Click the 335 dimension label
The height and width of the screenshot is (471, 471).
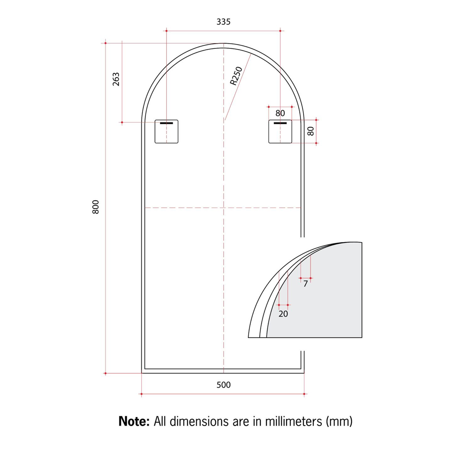pos(223,22)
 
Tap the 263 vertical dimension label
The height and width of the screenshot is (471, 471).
pos(116,79)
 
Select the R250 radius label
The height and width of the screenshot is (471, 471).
pos(236,75)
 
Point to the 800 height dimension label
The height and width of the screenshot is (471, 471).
pos(96,207)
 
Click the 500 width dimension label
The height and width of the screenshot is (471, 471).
pos(223,385)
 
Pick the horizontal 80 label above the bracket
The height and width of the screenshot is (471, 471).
pos(280,113)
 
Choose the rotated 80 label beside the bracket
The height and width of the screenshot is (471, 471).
pos(311,131)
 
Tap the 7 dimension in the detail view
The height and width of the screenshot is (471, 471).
pos(305,283)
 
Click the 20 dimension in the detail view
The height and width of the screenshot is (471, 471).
pos(283,314)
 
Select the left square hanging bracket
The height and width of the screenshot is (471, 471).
pos(167,131)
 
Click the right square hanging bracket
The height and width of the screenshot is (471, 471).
pos(280,131)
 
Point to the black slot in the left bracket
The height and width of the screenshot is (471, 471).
pos(166,123)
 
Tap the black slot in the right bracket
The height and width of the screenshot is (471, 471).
pos(280,123)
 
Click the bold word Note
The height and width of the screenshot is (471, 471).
pos(134,421)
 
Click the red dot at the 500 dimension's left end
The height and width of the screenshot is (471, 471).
pos(141,394)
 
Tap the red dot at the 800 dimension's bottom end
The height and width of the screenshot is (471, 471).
pos(106,373)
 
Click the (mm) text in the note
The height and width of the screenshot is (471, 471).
pos(339,421)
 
